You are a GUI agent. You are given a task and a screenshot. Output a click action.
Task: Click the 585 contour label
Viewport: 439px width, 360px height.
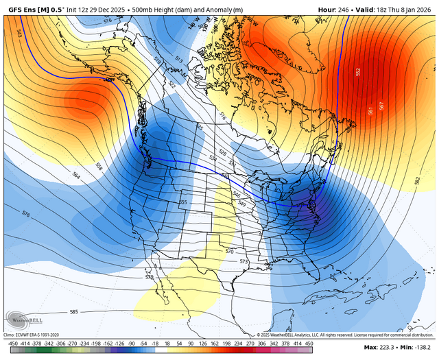[74, 312]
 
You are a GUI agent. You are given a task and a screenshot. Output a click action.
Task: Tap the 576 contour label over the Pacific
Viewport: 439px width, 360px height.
[26, 215]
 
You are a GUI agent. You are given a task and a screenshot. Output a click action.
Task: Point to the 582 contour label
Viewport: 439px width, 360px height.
[417, 180]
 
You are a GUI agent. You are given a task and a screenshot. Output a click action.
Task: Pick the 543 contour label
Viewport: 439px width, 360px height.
[19, 32]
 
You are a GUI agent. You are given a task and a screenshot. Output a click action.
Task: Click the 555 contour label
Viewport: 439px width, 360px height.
[183, 202]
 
